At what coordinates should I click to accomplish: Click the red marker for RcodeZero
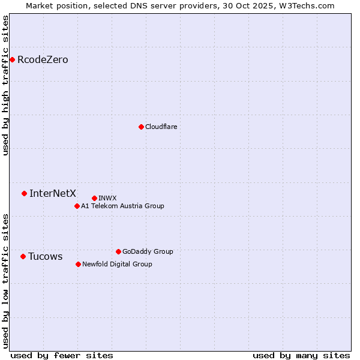[12, 59]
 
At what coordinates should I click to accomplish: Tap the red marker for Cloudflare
[141, 127]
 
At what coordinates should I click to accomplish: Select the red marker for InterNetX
[24, 193]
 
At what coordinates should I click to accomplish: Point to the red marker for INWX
[94, 198]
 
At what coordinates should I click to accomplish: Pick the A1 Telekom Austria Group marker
[77, 206]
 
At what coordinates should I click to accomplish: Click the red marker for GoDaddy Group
[118, 251]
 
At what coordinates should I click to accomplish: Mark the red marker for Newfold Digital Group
[78, 264]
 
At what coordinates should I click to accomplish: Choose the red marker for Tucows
[23, 256]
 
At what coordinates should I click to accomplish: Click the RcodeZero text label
[43, 59]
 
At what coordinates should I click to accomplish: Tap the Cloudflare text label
[161, 127]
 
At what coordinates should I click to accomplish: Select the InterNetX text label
[53, 193]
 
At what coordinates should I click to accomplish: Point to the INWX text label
[107, 198]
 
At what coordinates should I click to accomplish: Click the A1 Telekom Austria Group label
[122, 206]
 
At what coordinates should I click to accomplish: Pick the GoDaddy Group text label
[148, 251]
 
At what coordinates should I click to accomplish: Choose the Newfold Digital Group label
[117, 264]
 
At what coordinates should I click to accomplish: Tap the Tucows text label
[45, 256]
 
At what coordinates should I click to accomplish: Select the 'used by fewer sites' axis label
[62, 355]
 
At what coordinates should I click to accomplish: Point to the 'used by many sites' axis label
[301, 355]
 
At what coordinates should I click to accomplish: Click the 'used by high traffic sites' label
[5, 85]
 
